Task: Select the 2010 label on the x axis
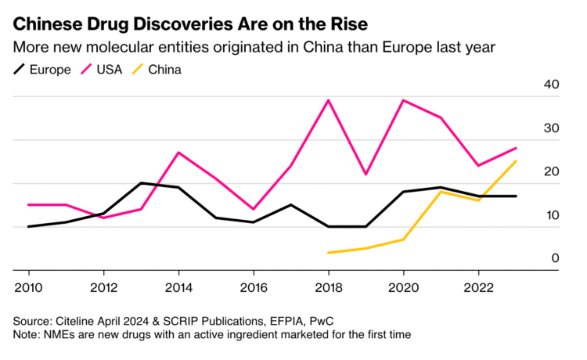(x=29, y=287)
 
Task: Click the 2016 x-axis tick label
(x=254, y=287)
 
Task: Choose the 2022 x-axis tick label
(x=479, y=287)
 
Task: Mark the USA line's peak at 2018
(x=328, y=100)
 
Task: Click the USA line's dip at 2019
(x=366, y=175)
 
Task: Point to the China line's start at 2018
(x=328, y=253)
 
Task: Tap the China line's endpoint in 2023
(x=516, y=161)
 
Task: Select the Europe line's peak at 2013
(x=141, y=183)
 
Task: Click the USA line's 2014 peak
(x=178, y=153)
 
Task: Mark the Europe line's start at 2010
(x=29, y=227)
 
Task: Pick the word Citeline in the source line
(x=79, y=321)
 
